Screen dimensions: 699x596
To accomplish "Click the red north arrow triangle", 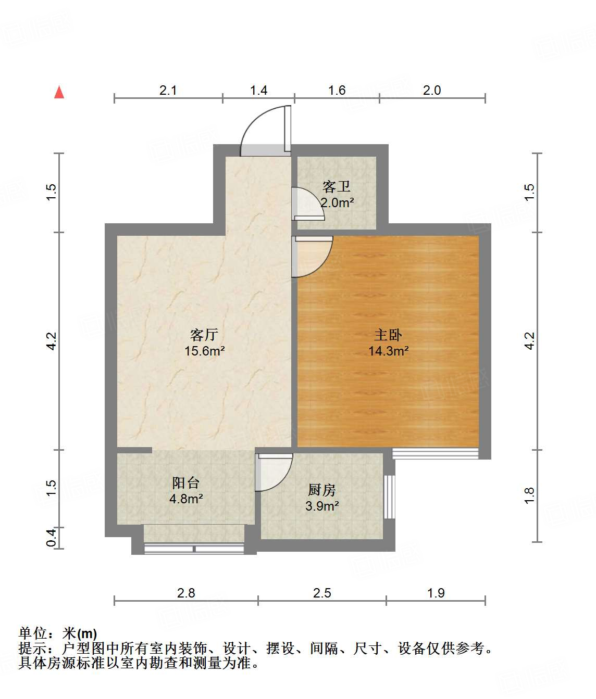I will pyautogui.click(x=59, y=93).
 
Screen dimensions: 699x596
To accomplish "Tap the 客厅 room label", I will pyautogui.click(x=204, y=335).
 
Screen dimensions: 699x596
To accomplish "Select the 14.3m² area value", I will pyautogui.click(x=388, y=351).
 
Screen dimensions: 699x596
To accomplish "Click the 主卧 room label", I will pyautogui.click(x=388, y=335).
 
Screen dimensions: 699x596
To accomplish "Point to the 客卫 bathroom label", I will pyautogui.click(x=336, y=186).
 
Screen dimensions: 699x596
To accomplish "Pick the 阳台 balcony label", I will pyautogui.click(x=186, y=483).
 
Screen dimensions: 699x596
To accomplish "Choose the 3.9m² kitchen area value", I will pyautogui.click(x=322, y=506).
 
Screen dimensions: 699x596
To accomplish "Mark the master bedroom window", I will pyautogui.click(x=435, y=453).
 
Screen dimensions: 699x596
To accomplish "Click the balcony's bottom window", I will pyautogui.click(x=194, y=548).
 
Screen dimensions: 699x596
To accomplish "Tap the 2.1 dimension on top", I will pyautogui.click(x=168, y=91).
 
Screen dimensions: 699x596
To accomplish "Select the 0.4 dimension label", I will pyautogui.click(x=51, y=538).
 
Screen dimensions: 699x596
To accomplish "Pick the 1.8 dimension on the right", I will pyautogui.click(x=529, y=495).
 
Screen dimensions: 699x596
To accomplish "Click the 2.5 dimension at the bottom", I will pyautogui.click(x=322, y=593).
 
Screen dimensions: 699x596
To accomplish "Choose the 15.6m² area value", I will pyautogui.click(x=204, y=351).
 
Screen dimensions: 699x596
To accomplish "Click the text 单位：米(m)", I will pyautogui.click(x=58, y=633).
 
